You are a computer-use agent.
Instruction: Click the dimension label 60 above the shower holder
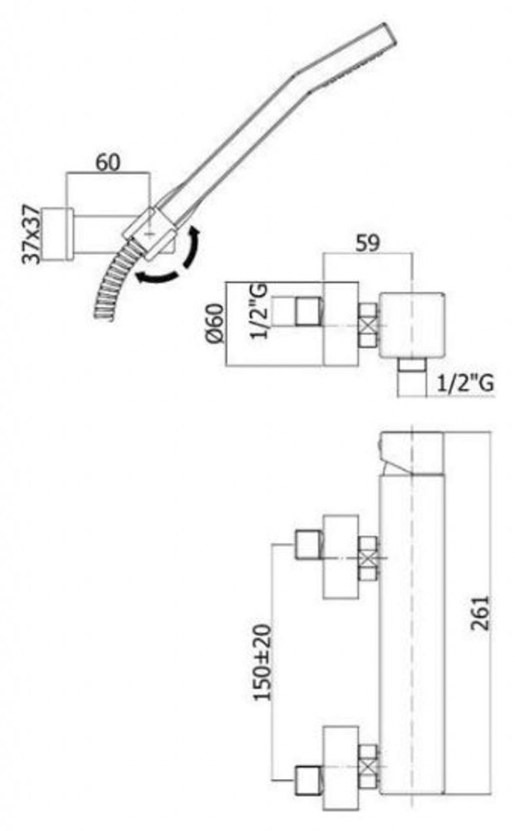[108, 162]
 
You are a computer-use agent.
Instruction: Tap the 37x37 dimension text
[32, 234]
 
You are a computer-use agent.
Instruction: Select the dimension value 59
[368, 243]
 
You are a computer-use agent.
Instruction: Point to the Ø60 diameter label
[216, 323]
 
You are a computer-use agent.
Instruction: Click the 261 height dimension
[480, 614]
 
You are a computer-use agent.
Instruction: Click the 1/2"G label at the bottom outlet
[466, 383]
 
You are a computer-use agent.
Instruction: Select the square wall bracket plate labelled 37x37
[58, 234]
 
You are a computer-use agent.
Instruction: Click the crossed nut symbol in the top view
[368, 325]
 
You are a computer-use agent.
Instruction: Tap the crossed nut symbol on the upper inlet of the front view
[368, 558]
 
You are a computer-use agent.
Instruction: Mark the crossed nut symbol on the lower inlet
[368, 766]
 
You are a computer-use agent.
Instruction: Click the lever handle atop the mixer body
[411, 454]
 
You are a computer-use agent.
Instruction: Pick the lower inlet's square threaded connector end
[308, 780]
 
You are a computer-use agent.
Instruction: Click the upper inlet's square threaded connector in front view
[308, 545]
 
